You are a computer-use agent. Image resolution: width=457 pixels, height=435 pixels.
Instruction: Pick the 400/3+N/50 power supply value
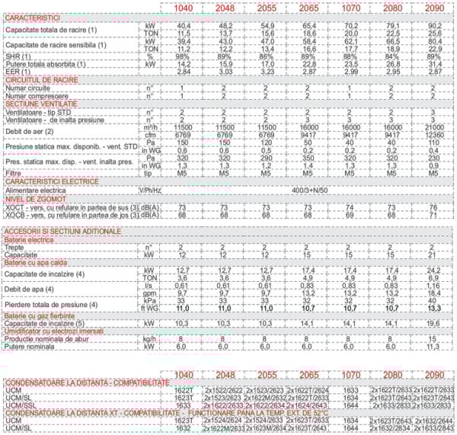[313, 189]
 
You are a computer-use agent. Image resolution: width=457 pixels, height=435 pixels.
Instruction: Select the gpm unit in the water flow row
[149, 291]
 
